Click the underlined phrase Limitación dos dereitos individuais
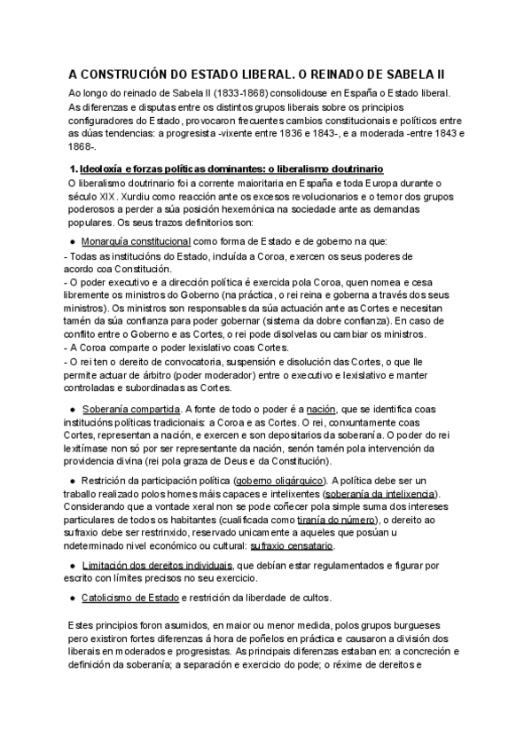tap(157, 564)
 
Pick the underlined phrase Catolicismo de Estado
tap(129, 597)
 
